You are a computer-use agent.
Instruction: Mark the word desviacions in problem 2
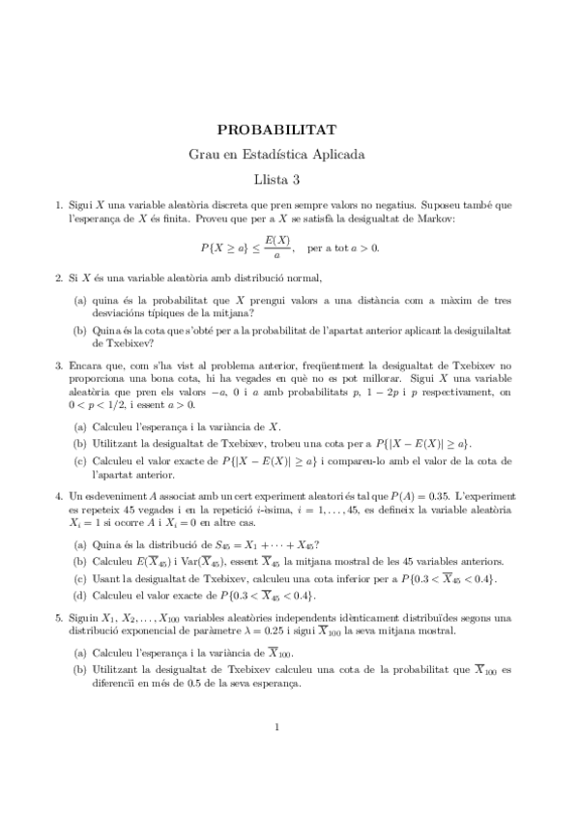pos(124,311)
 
